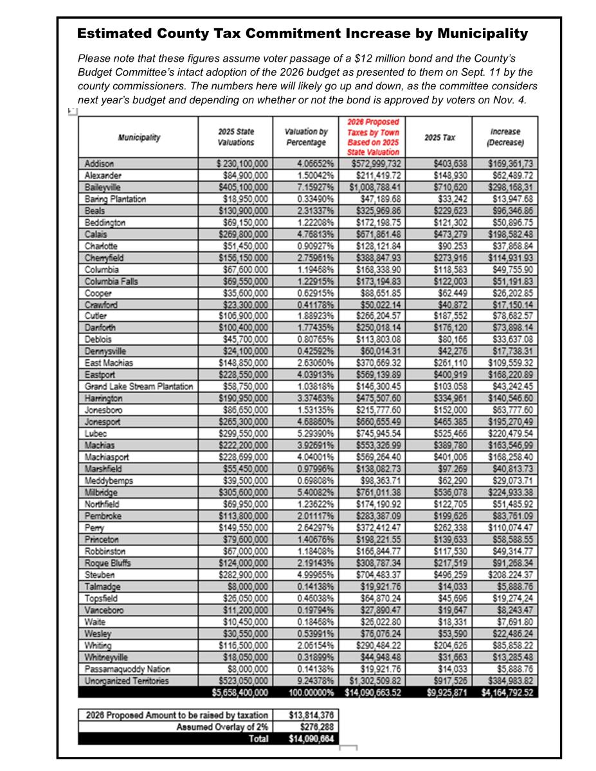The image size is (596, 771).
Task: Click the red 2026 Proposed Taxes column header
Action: (373, 137)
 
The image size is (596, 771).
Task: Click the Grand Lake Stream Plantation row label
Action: (138, 386)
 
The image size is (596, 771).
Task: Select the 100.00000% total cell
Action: (308, 692)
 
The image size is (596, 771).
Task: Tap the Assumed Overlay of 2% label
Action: (222, 727)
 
